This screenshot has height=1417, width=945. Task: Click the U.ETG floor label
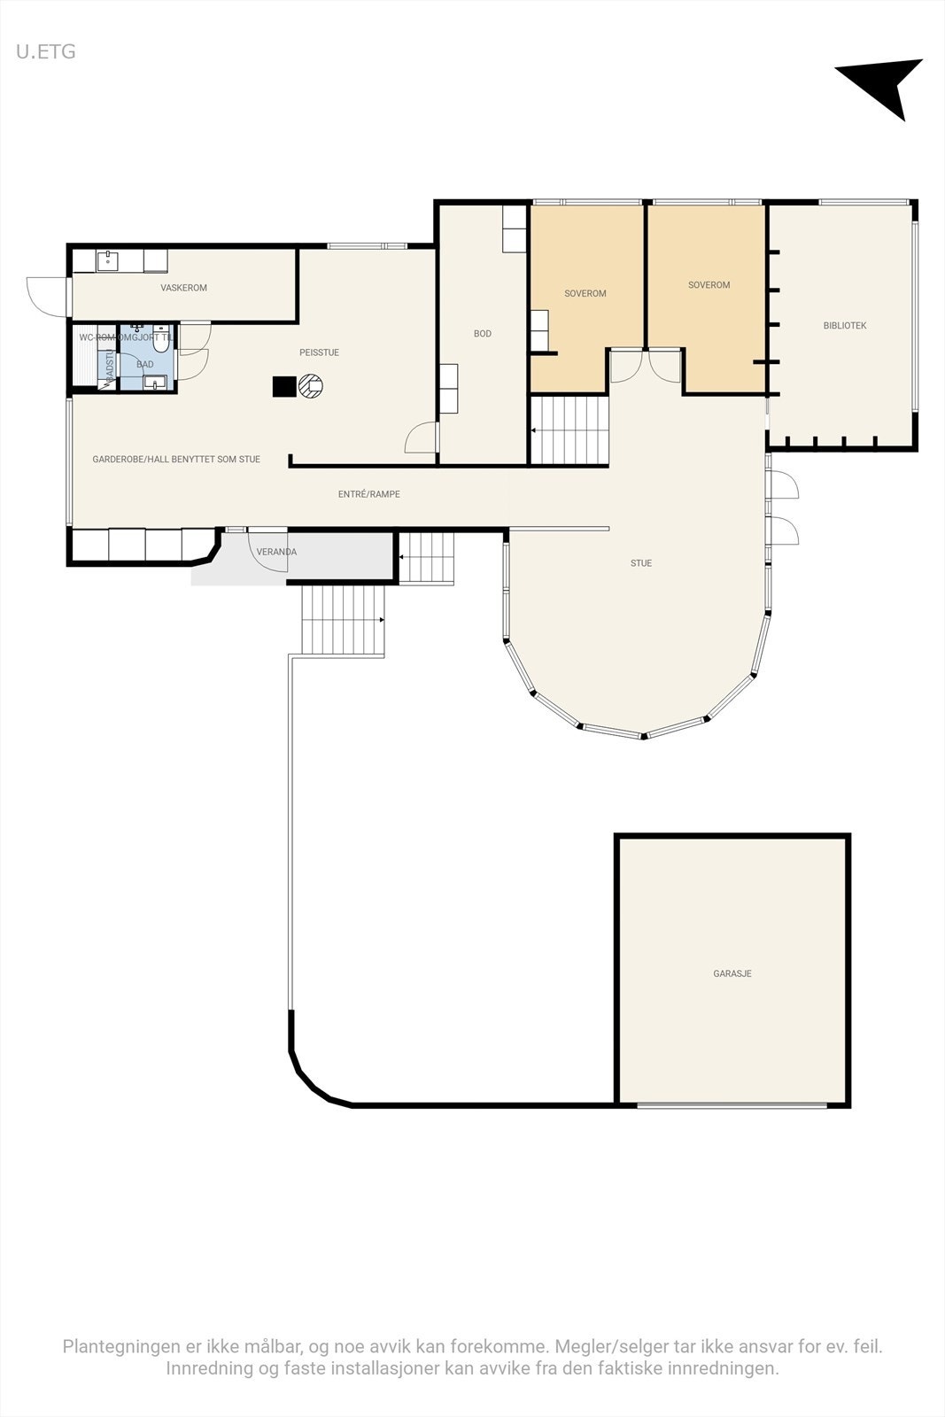[45, 51]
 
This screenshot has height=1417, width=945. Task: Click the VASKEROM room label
[183, 288]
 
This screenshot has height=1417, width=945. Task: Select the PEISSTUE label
[319, 352]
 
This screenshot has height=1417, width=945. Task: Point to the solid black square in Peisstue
[283, 387]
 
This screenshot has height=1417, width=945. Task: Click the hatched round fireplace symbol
[311, 386]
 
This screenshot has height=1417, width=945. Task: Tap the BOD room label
[482, 334]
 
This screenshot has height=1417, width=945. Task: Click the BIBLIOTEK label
[844, 326]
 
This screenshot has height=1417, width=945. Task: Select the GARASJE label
[732, 973]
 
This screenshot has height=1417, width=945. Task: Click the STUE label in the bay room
[640, 563]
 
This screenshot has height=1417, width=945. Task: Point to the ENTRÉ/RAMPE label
[368, 494]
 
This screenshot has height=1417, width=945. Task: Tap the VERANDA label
[276, 552]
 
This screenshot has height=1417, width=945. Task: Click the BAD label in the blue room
[144, 364]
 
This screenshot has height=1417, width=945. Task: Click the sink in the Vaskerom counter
[108, 259]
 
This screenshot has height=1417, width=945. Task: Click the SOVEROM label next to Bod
[585, 293]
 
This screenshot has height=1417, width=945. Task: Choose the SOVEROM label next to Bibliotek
[709, 285]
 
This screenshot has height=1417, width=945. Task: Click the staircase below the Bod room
[569, 430]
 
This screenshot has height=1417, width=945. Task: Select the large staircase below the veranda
[343, 620]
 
